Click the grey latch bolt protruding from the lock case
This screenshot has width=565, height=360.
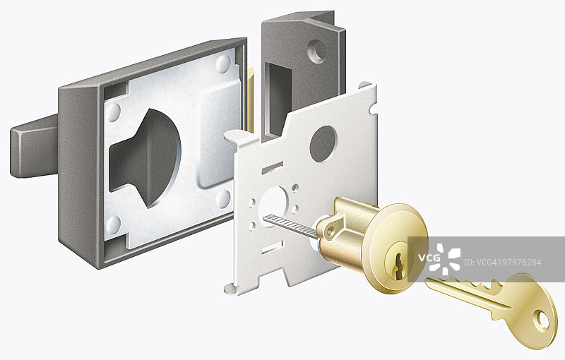(35, 147)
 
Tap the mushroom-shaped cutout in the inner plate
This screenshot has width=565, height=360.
(145, 158)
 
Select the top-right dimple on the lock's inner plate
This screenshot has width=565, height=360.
(223, 64)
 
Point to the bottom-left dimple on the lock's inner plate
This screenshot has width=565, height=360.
(114, 224)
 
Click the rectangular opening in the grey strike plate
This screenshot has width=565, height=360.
(278, 99)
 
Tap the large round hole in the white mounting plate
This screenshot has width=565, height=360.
(323, 143)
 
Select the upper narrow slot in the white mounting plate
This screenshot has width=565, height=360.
(273, 168)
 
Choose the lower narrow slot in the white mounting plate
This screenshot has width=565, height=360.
(273, 248)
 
